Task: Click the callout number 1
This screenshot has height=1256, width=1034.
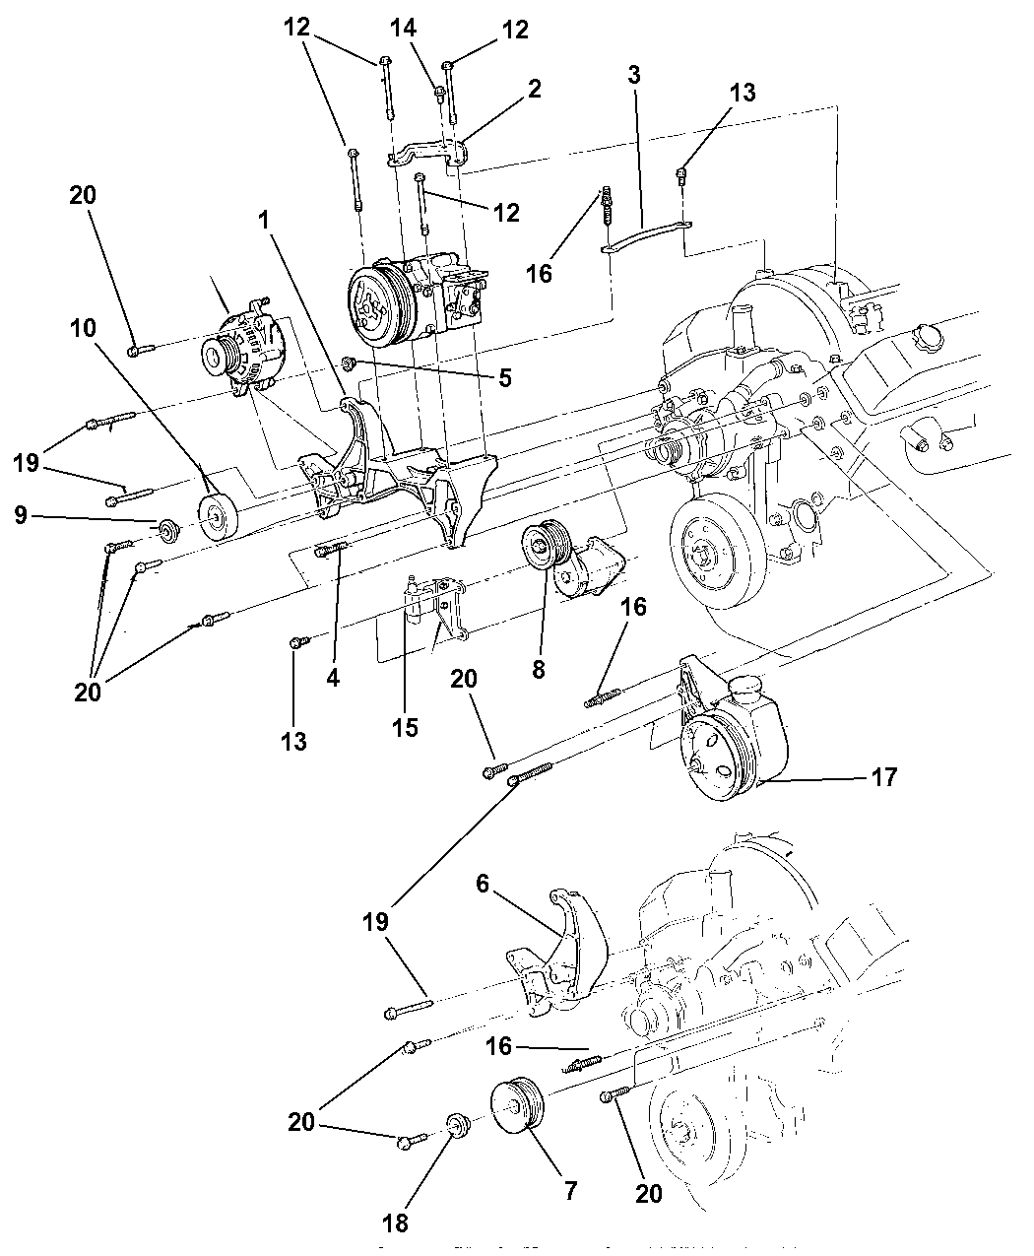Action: (264, 224)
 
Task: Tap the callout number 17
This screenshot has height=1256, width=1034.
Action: (884, 778)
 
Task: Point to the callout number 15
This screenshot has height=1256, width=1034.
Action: (405, 728)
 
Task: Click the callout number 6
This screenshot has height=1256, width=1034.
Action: (483, 885)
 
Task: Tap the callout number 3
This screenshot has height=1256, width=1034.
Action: (633, 74)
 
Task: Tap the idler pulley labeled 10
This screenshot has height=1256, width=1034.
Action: (219, 516)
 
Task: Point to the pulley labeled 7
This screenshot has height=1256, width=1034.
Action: (518, 1120)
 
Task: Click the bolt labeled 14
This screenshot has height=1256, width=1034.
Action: (440, 95)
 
